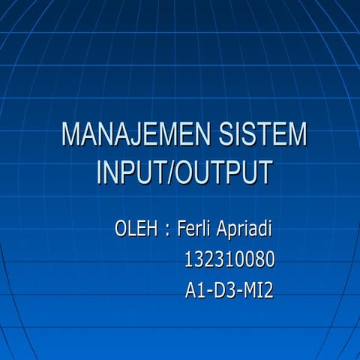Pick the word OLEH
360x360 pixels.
click(135, 227)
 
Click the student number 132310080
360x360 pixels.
click(229, 259)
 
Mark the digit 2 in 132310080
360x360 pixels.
click(209, 259)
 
